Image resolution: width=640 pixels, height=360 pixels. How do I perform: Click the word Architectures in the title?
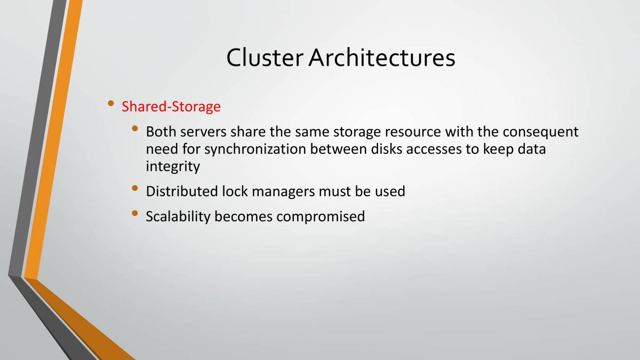(x=382, y=58)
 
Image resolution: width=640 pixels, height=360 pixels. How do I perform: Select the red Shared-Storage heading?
(x=171, y=107)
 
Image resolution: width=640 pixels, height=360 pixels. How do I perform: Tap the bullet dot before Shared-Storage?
(x=110, y=103)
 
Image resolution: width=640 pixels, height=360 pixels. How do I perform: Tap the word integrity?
(x=173, y=167)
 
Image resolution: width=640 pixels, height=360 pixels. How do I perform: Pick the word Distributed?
(x=182, y=191)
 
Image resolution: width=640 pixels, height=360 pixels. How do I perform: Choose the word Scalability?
(x=178, y=217)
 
